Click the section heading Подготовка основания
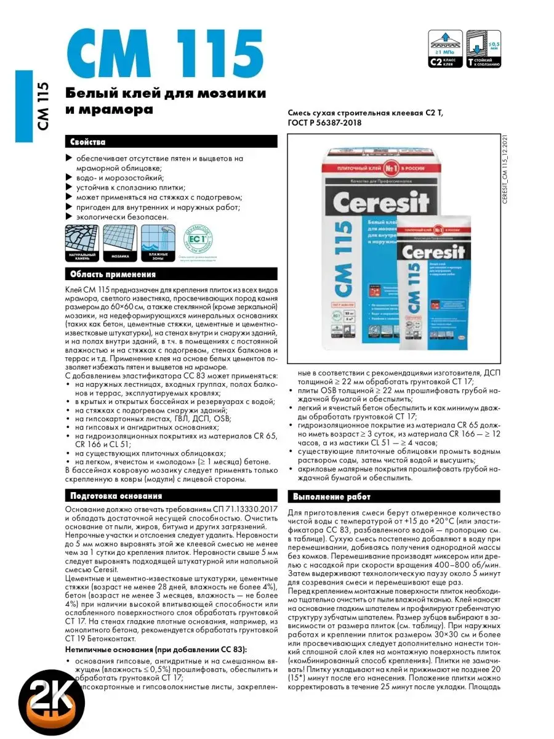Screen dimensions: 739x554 116,496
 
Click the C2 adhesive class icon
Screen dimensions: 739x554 445,49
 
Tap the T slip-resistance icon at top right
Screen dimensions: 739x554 484,49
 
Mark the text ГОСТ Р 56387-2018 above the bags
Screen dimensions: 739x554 325,123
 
